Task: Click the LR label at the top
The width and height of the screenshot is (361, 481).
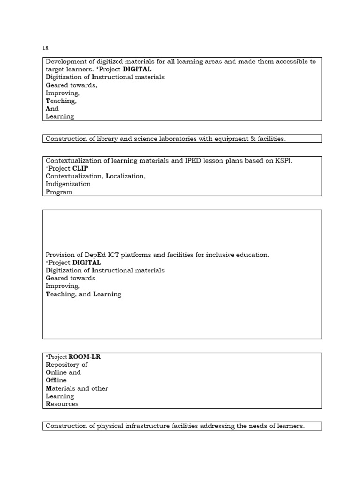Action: pos(46,48)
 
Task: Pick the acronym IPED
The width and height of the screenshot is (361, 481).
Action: pos(185,161)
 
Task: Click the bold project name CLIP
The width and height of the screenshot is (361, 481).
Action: pos(80,168)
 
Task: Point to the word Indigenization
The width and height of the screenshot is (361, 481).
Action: pos(68,184)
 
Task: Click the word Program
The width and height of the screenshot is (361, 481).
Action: pos(59,192)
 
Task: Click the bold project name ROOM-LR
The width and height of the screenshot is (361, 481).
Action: pos(85,357)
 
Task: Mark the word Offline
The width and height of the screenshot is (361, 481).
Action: pos(56,380)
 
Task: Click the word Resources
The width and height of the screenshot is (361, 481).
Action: pos(62,404)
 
